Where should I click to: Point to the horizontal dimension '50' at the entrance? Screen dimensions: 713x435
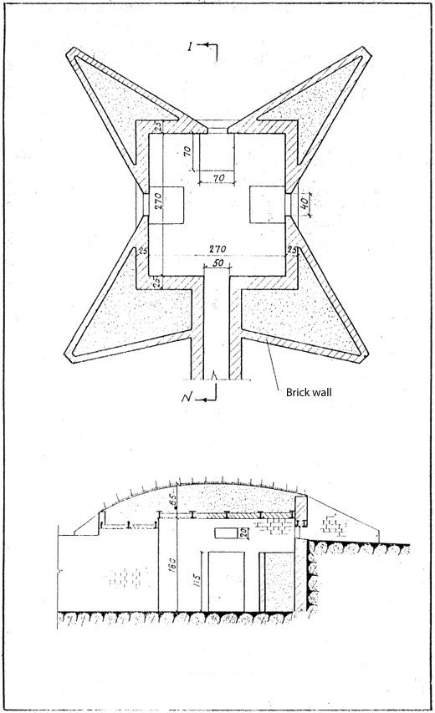tap(217, 263)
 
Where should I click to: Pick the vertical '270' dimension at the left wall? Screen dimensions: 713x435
tap(156, 202)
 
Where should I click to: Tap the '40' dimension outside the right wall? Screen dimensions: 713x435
tap(308, 202)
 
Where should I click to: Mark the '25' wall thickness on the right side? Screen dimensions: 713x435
tap(293, 250)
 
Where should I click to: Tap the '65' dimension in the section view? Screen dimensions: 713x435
tap(173, 502)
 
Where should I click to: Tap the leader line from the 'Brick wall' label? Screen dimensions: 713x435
tap(272, 360)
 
